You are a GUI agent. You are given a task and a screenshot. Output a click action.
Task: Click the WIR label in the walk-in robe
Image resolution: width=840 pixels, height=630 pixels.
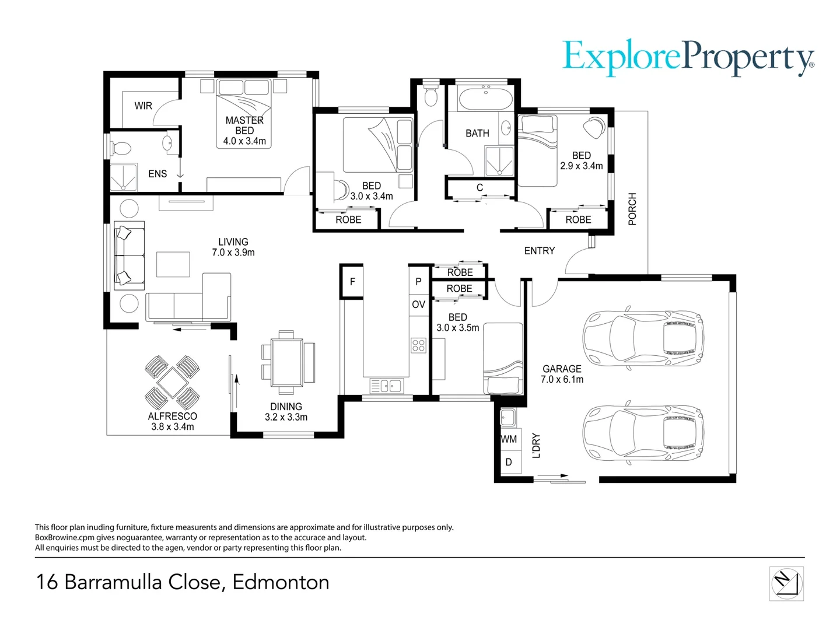pos(143,106)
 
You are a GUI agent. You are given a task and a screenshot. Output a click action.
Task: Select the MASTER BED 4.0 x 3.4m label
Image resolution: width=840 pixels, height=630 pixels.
pos(244,131)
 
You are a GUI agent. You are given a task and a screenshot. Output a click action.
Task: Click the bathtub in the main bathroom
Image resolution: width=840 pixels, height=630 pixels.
pos(486,99)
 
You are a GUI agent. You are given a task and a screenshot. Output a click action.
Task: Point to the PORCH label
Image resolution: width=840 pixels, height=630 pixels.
pos(632,209)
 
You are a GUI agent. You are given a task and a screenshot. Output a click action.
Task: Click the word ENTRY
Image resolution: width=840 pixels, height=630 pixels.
pos(539,251)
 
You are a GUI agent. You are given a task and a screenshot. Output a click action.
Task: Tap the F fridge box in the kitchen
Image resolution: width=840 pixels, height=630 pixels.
pos(352,282)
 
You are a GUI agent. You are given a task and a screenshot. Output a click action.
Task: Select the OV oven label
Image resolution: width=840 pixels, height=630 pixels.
pos(418,304)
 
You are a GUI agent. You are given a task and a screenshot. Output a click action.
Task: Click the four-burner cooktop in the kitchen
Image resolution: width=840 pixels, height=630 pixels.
pos(418,345)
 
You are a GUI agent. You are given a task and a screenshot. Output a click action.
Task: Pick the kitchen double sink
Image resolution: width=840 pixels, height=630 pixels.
pos(387,386)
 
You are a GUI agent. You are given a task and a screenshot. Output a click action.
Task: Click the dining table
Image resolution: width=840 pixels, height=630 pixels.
pos(286,362)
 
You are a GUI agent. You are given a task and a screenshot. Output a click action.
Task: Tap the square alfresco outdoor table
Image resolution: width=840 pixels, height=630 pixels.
pos(172,383)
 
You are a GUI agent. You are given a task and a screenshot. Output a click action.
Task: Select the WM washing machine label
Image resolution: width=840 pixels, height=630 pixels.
pos(509,439)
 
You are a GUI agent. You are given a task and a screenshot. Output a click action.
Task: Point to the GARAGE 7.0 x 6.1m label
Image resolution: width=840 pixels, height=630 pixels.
pos(562,374)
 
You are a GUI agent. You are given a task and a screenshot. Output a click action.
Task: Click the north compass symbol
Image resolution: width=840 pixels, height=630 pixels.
pos(786,584)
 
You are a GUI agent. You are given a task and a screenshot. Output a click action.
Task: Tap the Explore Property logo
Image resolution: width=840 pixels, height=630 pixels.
pos(688,58)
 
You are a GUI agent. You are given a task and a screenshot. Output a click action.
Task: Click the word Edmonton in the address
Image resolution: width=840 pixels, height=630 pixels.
pos(281,582)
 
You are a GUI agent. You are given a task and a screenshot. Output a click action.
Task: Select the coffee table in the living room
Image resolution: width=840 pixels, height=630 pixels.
pos(173,264)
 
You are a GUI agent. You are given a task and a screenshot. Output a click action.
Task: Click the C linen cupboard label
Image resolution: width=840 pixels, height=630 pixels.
pos(480,188)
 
